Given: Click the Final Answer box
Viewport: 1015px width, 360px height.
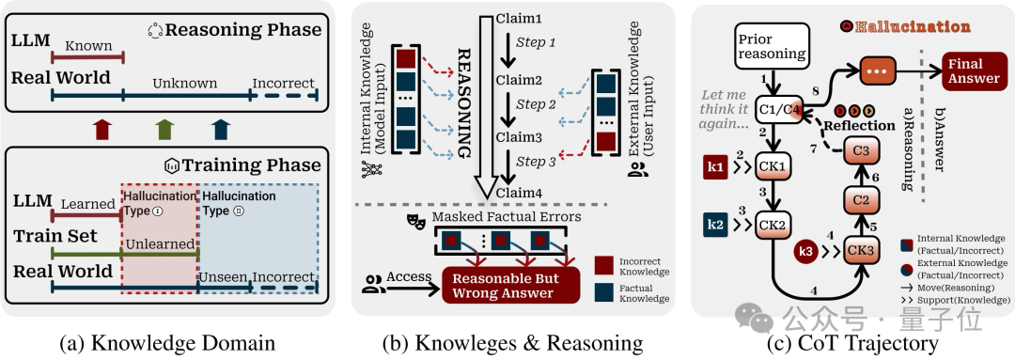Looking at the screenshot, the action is pos(974,71).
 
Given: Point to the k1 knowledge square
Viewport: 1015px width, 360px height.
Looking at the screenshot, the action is pos(717,168).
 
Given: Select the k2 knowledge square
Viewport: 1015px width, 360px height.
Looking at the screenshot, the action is pos(717,226).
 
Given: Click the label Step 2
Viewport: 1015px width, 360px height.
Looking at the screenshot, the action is pos(536,104).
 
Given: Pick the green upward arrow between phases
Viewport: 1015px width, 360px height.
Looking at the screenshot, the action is pos(165,130).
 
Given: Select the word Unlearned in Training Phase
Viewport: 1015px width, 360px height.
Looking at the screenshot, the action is pos(160,244).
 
